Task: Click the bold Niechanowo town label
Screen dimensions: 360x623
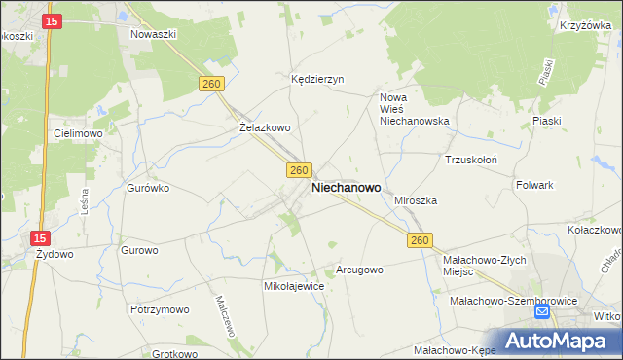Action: (x=346, y=188)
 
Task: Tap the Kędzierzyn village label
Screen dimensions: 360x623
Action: (x=318, y=80)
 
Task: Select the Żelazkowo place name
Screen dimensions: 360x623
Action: (x=265, y=126)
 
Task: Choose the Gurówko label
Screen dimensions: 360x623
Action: (x=148, y=188)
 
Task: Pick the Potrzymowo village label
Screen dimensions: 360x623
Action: (x=159, y=308)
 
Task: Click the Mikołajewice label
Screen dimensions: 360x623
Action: (x=294, y=287)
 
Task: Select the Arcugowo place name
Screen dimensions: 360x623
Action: (x=359, y=270)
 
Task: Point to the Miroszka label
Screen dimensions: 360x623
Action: (x=416, y=199)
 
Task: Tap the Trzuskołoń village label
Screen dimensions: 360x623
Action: (x=471, y=159)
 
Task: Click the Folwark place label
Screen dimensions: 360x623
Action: (x=534, y=184)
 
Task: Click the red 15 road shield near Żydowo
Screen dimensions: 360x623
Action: (x=39, y=237)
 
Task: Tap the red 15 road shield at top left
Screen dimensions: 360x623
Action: (x=53, y=20)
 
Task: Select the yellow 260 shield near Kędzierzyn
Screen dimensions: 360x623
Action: (x=212, y=85)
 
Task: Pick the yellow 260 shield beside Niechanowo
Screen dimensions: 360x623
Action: (x=300, y=170)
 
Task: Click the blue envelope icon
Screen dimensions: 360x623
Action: (x=542, y=311)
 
